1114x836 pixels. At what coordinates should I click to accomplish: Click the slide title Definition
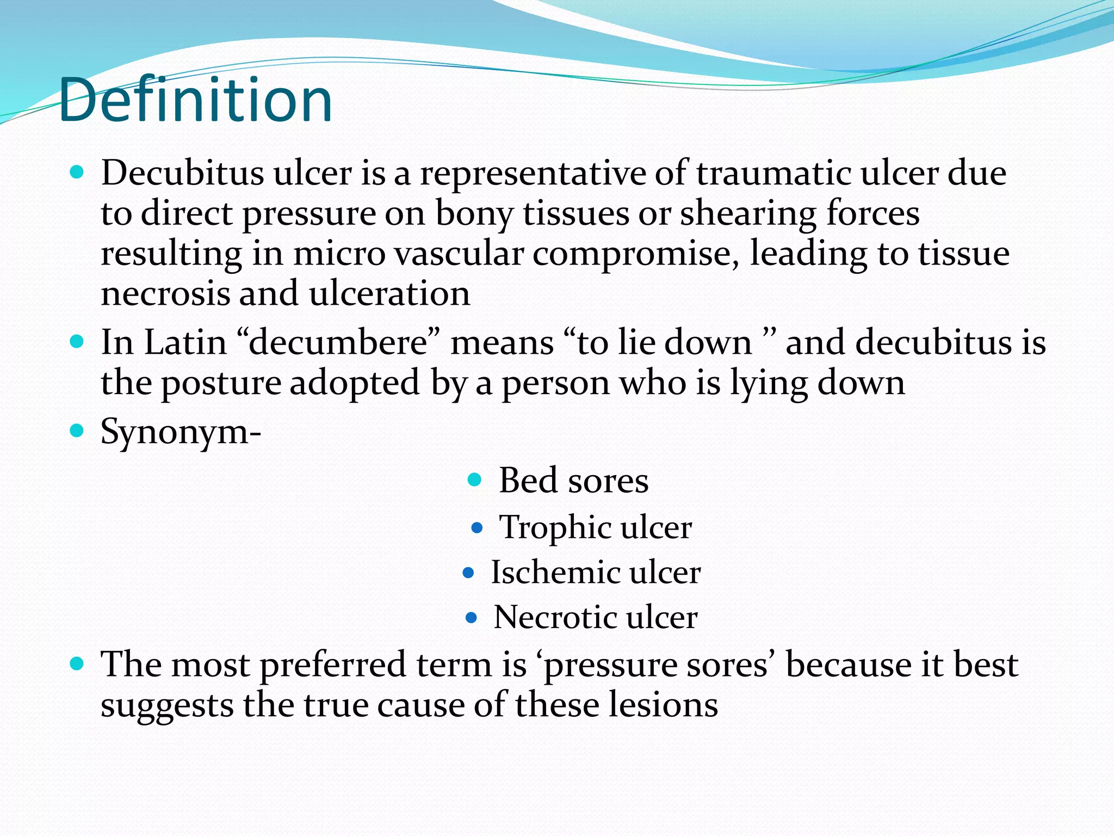click(x=196, y=100)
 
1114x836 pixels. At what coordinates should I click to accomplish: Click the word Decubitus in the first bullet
click(x=182, y=173)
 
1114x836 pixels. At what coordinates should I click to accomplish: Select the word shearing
click(x=748, y=213)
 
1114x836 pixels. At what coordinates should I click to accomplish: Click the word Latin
click(x=185, y=343)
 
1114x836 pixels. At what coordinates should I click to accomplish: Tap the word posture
click(x=221, y=383)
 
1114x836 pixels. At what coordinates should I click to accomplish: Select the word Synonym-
click(x=181, y=432)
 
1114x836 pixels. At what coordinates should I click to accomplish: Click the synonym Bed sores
click(x=573, y=481)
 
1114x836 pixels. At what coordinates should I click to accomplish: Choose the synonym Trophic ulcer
click(x=595, y=527)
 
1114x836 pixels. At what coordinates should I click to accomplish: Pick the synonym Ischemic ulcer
click(x=596, y=573)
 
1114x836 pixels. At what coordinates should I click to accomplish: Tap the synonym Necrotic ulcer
click(x=595, y=617)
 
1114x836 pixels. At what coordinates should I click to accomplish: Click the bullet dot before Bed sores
click(x=475, y=480)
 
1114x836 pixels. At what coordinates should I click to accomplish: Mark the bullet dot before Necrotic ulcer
click(x=472, y=618)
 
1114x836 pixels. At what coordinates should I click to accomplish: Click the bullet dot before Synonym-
click(x=77, y=431)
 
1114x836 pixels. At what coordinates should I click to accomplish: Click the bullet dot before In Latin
click(x=77, y=342)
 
